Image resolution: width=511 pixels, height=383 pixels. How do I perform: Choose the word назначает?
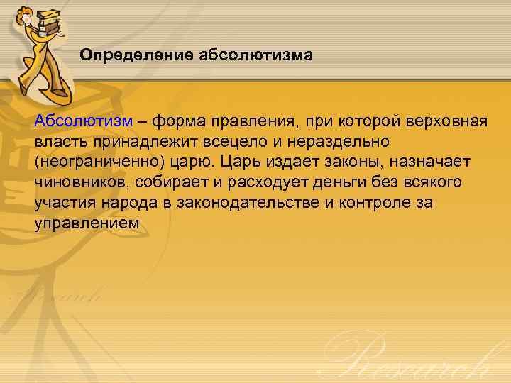point(441,162)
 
